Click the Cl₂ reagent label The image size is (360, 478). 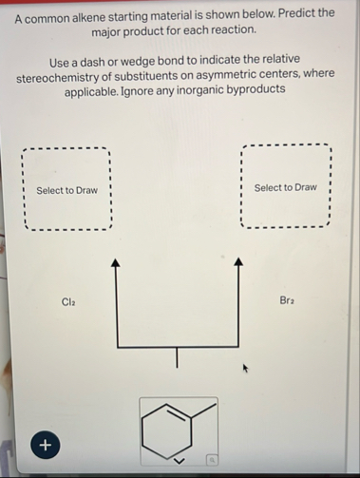click(68, 301)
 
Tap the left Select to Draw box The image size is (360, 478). click(66, 190)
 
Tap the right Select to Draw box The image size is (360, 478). click(285, 187)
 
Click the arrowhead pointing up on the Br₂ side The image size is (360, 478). click(238, 260)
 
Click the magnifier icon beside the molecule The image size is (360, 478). click(213, 459)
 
